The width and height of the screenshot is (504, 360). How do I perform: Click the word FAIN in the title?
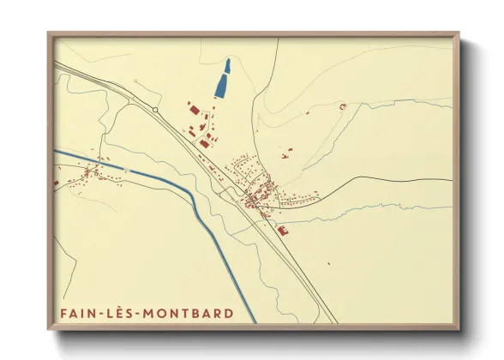pyautogui.click(x=78, y=314)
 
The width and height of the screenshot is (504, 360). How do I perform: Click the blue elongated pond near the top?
pyautogui.click(x=223, y=79)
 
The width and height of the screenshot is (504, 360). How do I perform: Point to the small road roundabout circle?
pyautogui.click(x=155, y=110)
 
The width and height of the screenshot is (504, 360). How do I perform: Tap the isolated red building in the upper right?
pyautogui.click(x=342, y=106)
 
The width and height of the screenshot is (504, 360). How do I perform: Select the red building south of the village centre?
pyautogui.click(x=283, y=229)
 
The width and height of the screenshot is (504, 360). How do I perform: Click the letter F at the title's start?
pyautogui.click(x=64, y=314)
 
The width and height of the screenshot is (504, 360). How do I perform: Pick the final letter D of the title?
pyautogui.click(x=228, y=314)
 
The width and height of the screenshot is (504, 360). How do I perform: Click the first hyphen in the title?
pyautogui.click(x=104, y=315)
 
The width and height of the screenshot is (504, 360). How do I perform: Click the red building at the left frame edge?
pyautogui.click(x=56, y=183)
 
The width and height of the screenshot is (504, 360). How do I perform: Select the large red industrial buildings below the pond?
pyautogui.click(x=194, y=109)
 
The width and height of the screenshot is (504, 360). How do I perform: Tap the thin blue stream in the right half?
pyautogui.click(x=386, y=208)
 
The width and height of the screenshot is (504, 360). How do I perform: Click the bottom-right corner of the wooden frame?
pyautogui.click(x=459, y=329)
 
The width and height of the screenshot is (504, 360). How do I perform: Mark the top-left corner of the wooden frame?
pyautogui.click(x=48, y=33)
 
